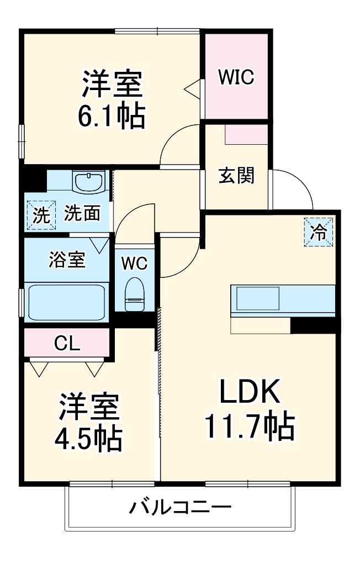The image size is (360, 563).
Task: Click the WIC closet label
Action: coord(236,77)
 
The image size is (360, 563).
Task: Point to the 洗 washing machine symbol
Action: coord(40,215)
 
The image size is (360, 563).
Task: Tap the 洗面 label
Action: coord(82,214)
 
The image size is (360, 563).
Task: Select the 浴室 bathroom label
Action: coord(67,260)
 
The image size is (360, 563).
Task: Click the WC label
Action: coord(135,264)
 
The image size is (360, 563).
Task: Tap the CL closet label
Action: coord(67,344)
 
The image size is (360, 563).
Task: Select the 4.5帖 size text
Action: coord(88,439)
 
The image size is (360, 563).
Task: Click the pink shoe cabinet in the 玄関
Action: coord(246,134)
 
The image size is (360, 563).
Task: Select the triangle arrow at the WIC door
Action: coord(192,87)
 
